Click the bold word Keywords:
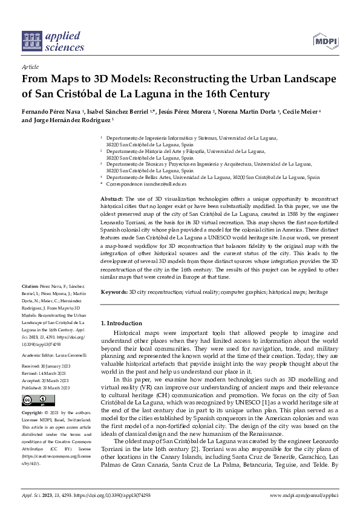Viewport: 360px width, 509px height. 114,292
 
